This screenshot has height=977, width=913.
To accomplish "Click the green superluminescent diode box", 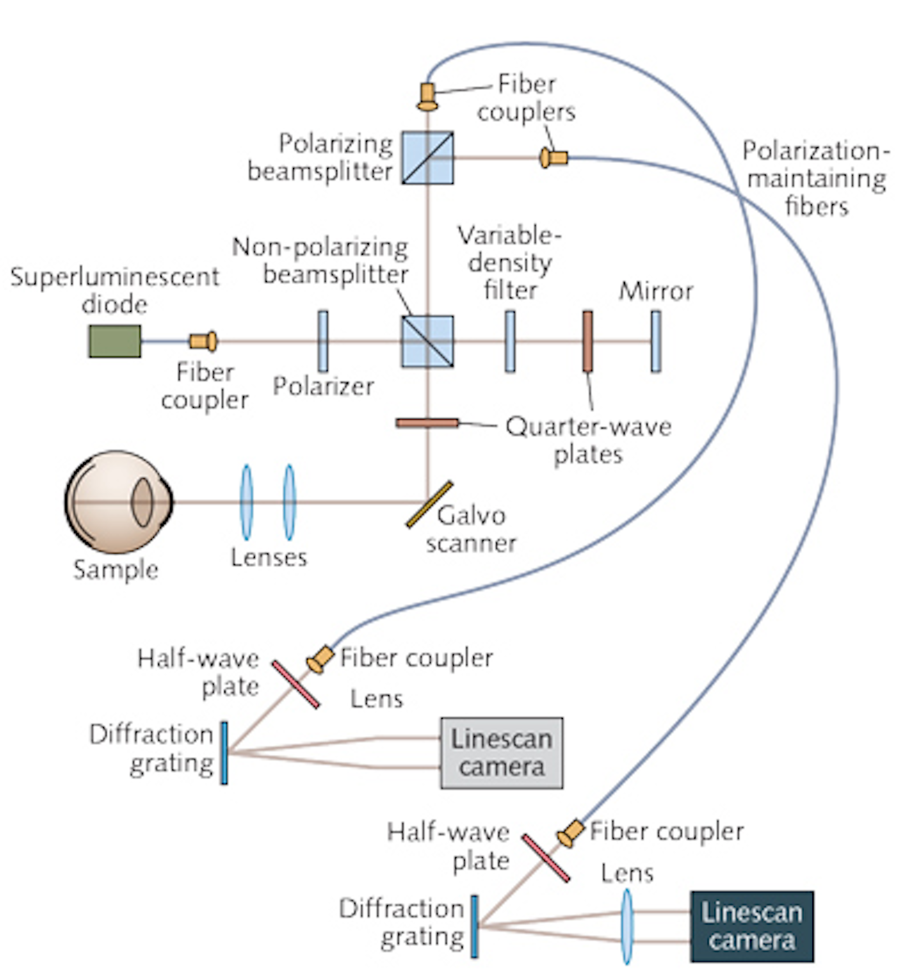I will pos(114,341).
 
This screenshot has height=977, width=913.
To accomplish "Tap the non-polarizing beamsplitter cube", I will pos(427,341).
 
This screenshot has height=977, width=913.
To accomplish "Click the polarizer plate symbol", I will pos(323,341).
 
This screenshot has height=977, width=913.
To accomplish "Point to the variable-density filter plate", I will pos(510,341).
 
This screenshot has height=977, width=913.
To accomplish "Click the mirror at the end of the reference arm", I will pos(656,341).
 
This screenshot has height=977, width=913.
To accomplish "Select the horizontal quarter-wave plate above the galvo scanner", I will pos(427,423).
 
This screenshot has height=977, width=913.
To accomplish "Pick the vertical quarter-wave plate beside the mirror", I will pos(588,341).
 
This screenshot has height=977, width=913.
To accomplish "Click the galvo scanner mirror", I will pos(429,504).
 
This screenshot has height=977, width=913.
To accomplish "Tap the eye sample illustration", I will pos(118,501).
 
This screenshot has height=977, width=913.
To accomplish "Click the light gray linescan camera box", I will pos(502,753).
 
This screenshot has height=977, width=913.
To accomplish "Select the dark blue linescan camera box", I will pos(751,926).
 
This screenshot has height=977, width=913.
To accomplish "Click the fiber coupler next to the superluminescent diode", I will pos(204,341).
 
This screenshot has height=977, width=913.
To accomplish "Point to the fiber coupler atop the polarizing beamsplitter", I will pos(427,96).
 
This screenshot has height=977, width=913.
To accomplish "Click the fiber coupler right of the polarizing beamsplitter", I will pos(554,157).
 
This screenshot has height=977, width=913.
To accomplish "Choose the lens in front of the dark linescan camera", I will pos(626,926).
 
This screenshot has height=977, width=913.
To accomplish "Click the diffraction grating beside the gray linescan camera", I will pos(224,753).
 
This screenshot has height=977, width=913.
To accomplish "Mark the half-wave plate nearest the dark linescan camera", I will pos(545,858).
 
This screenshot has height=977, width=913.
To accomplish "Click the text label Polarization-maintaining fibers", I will pos(816,178).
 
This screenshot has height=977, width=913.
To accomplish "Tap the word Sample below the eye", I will pos(115,569).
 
